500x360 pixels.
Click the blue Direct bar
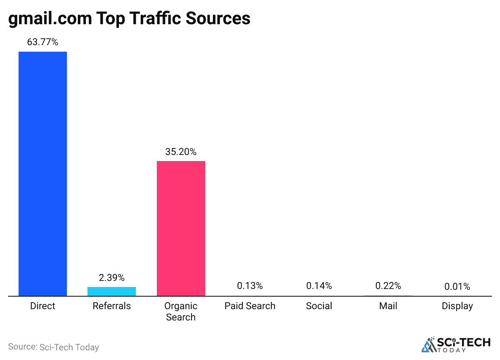click(43, 174)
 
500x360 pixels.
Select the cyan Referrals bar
click(112, 291)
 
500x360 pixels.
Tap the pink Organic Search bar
click(181, 228)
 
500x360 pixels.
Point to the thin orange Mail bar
click(388, 296)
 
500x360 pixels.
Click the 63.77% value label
click(43, 42)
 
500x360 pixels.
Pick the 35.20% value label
click(181, 152)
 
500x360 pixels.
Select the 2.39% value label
click(112, 278)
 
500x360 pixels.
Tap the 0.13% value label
click(250, 286)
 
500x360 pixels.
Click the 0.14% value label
click(319, 286)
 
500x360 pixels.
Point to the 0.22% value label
click(388, 286)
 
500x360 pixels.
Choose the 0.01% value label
click(457, 287)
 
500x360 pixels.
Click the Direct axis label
click(43, 306)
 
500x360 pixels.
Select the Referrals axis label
click(112, 306)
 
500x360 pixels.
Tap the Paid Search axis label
click(250, 306)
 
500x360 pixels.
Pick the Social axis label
click(319, 306)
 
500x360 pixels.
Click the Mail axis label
click(388, 306)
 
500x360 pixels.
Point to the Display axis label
click(457, 306)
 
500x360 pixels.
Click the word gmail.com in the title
click(50, 19)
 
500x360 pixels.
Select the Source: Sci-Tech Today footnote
click(53, 347)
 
